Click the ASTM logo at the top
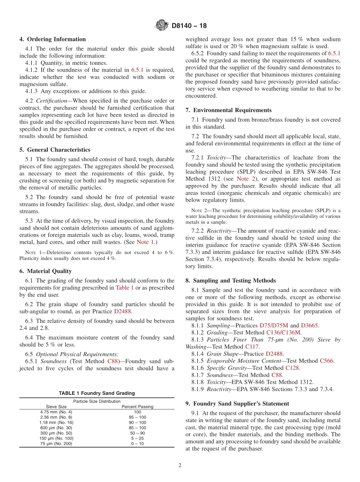pyautogui.click(x=162, y=26)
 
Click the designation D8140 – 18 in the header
pyautogui.click(x=189, y=26)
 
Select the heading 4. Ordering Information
pyautogui.click(x=53, y=39)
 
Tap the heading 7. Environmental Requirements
pyautogui.click(x=228, y=110)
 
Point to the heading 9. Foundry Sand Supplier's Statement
pyautogui.click(x=237, y=404)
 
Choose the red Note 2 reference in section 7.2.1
pyautogui.click(x=243, y=179)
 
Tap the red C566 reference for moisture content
pyautogui.click(x=326, y=361)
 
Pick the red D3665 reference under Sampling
pyautogui.click(x=310, y=326)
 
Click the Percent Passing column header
pyautogui.click(x=137, y=407)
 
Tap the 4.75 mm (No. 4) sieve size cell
pyautogui.click(x=56, y=412)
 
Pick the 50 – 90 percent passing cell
pyautogui.click(x=137, y=433)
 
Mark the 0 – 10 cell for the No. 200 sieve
pyautogui.click(x=137, y=444)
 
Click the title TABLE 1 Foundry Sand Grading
pyautogui.click(x=97, y=393)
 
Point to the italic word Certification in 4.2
pyautogui.click(x=53, y=100)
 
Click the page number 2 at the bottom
pyautogui.click(x=180, y=466)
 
